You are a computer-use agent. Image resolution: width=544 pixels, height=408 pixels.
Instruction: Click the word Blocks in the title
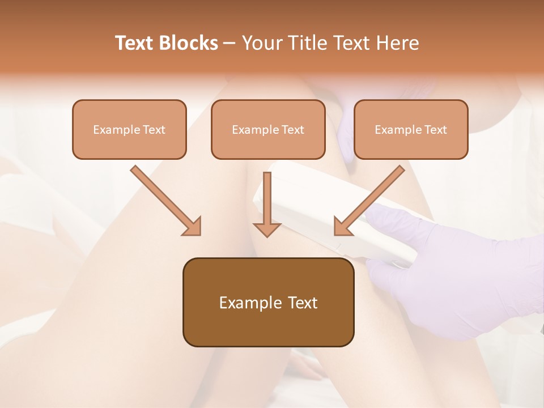coord(189,43)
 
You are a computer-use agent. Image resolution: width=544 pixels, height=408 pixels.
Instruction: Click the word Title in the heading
coord(305,43)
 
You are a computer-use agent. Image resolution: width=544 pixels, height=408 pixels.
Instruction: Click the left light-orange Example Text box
coord(129,129)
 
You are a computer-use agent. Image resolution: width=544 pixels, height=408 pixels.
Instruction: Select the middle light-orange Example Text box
coord(268,129)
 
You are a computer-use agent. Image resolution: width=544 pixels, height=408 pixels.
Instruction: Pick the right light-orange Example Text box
coord(411,129)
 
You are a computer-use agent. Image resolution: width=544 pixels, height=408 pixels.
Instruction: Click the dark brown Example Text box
coord(268,303)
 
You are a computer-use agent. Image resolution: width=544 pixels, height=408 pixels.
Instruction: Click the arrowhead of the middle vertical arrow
coord(267,229)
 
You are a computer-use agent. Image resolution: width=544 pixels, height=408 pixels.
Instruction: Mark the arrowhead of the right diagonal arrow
coord(342,227)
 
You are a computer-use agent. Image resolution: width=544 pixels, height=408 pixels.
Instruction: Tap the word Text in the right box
coord(436,129)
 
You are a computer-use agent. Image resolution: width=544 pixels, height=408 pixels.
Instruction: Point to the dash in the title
coord(229,44)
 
